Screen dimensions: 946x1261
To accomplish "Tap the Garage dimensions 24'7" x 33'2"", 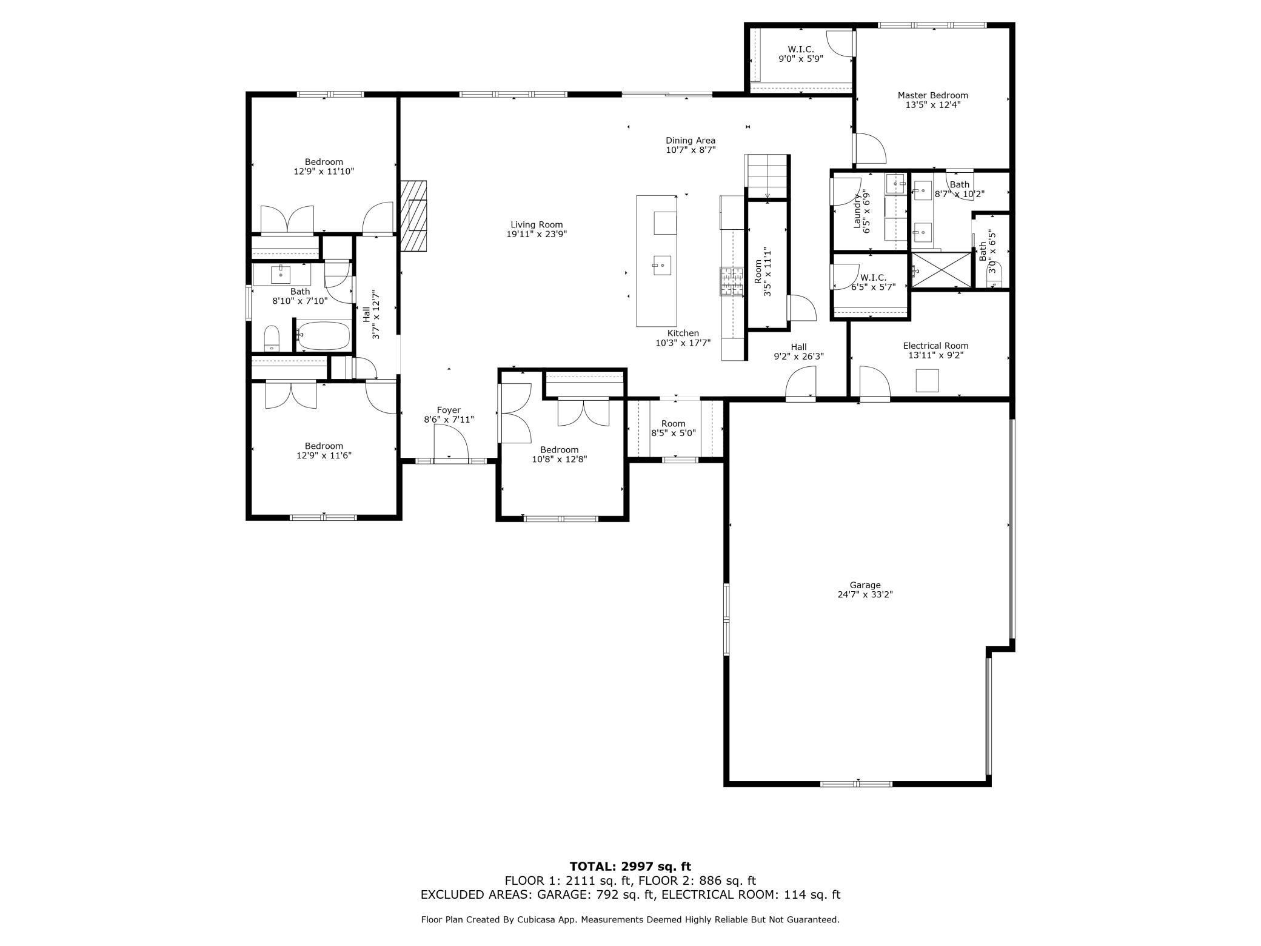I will tap(865, 594).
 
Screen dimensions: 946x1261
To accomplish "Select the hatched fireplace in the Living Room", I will tap(413, 215).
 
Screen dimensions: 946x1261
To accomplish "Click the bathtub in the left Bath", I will tap(324, 335).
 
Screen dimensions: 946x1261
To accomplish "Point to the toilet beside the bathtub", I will tap(272, 337).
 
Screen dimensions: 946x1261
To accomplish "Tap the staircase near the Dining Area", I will tap(767, 176).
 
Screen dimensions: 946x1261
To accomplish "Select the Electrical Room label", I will tap(935, 346).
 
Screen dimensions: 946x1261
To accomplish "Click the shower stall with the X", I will tap(941, 270).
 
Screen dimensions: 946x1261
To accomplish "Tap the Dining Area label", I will tap(691, 141).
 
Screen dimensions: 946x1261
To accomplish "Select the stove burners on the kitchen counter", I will tap(731, 282).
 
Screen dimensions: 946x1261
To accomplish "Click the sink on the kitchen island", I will tap(661, 265).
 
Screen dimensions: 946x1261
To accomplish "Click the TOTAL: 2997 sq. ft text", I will tap(630, 867).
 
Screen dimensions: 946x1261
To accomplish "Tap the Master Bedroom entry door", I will tap(869, 149).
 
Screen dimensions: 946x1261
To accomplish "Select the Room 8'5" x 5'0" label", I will tap(673, 428).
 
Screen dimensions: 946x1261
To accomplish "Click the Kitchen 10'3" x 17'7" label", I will tap(683, 338).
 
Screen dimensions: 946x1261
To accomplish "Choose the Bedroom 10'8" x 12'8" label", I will tap(559, 454).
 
